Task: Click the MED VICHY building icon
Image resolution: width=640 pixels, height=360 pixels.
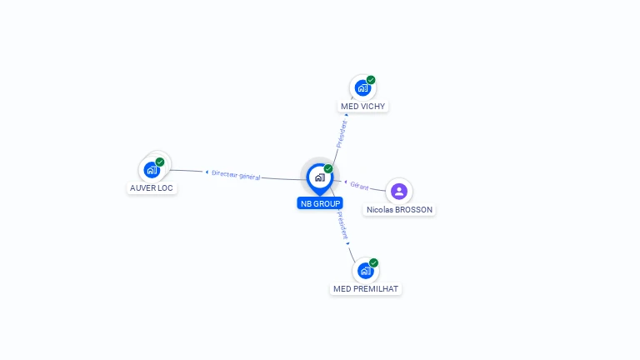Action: point(362,87)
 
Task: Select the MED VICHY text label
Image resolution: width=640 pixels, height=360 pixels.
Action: point(364,107)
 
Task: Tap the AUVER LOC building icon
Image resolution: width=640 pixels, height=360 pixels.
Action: point(152,170)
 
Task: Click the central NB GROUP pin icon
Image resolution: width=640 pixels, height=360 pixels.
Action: point(319,177)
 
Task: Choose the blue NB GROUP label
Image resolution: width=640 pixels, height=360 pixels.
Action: point(320,203)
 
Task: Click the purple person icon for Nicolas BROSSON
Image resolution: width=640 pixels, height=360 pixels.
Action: point(399,191)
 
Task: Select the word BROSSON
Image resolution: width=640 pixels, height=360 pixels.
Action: point(414,210)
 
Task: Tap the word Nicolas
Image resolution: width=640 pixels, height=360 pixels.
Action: point(380,210)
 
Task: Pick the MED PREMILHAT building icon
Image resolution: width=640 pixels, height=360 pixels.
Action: point(365,271)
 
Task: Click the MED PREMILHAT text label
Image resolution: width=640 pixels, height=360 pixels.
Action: point(366,289)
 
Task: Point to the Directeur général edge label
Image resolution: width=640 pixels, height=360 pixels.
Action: point(236,175)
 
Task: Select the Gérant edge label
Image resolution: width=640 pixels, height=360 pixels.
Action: point(359,186)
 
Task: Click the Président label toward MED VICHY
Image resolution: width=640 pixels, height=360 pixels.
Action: point(341,133)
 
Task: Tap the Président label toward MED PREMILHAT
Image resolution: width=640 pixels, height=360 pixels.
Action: point(342,226)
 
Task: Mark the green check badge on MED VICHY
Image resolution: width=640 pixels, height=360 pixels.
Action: point(371,80)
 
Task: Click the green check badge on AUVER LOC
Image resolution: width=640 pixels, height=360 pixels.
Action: point(160,162)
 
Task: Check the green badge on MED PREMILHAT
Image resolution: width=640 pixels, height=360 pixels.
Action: point(373,262)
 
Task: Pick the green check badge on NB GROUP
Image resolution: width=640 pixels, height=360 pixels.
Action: point(328,168)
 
